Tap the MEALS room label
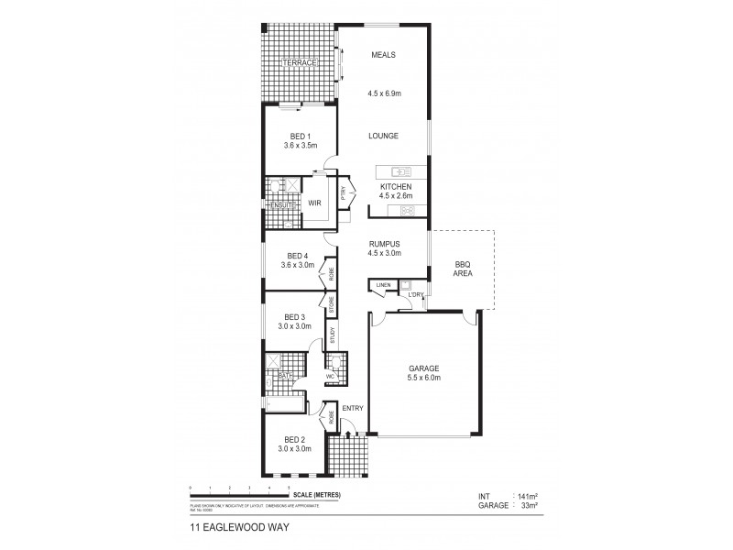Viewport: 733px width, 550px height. pyautogui.click(x=383, y=55)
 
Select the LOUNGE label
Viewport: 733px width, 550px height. pyautogui.click(x=383, y=136)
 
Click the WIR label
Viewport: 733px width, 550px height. pyautogui.click(x=313, y=203)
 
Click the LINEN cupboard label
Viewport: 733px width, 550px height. pyautogui.click(x=383, y=286)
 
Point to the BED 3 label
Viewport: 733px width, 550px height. pyautogui.click(x=294, y=315)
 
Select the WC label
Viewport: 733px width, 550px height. pyautogui.click(x=331, y=376)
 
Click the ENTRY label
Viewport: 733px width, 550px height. pyautogui.click(x=353, y=407)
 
